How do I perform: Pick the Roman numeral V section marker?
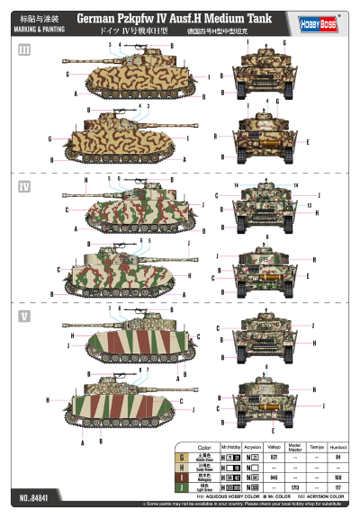[x=25, y=316]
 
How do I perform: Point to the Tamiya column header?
[x=314, y=447]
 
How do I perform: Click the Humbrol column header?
[x=337, y=447]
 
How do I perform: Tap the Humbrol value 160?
[x=337, y=478]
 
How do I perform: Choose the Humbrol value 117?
[x=337, y=487]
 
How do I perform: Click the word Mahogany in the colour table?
[x=204, y=478]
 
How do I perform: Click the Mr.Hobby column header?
[x=230, y=447]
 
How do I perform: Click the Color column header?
[x=204, y=447]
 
